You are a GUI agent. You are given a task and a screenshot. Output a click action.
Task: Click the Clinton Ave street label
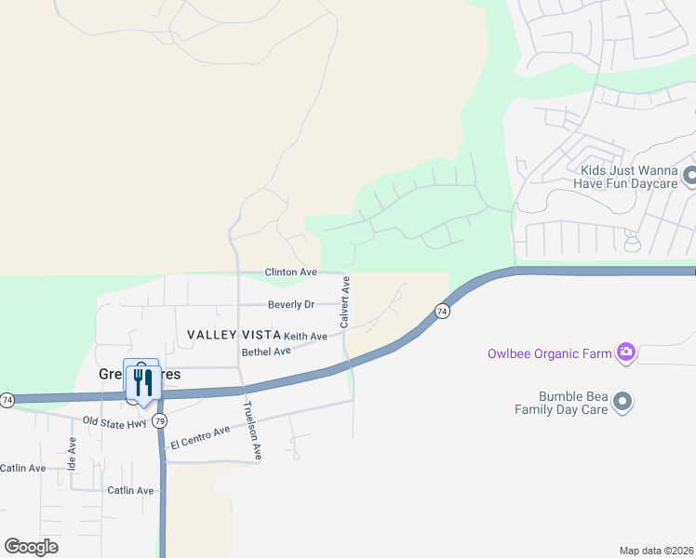pos(291,272)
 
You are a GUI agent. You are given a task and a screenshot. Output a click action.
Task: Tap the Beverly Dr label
pos(291,304)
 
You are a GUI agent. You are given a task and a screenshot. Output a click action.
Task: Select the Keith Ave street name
pos(305,336)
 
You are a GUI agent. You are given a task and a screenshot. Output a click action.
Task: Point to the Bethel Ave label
pos(267,352)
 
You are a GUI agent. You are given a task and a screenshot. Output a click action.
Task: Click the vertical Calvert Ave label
pos(344,301)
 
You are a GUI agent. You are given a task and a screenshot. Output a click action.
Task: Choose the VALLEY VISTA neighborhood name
pos(233,335)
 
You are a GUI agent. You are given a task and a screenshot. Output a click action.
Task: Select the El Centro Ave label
pos(199,438)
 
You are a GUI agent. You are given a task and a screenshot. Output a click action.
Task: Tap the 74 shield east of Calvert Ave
pos(442,312)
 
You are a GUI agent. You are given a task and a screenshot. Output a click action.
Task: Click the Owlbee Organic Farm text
pos(549,352)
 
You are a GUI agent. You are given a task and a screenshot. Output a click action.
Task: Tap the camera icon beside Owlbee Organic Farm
pos(626,352)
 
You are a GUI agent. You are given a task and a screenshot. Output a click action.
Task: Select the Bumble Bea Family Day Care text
pos(561,403)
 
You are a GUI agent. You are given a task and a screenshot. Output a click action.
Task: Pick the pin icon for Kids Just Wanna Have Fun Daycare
pos(690,175)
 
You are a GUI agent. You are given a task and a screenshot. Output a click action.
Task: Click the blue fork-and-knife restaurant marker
pos(141,379)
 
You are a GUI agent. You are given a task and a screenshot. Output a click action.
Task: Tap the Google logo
pos(31,546)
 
